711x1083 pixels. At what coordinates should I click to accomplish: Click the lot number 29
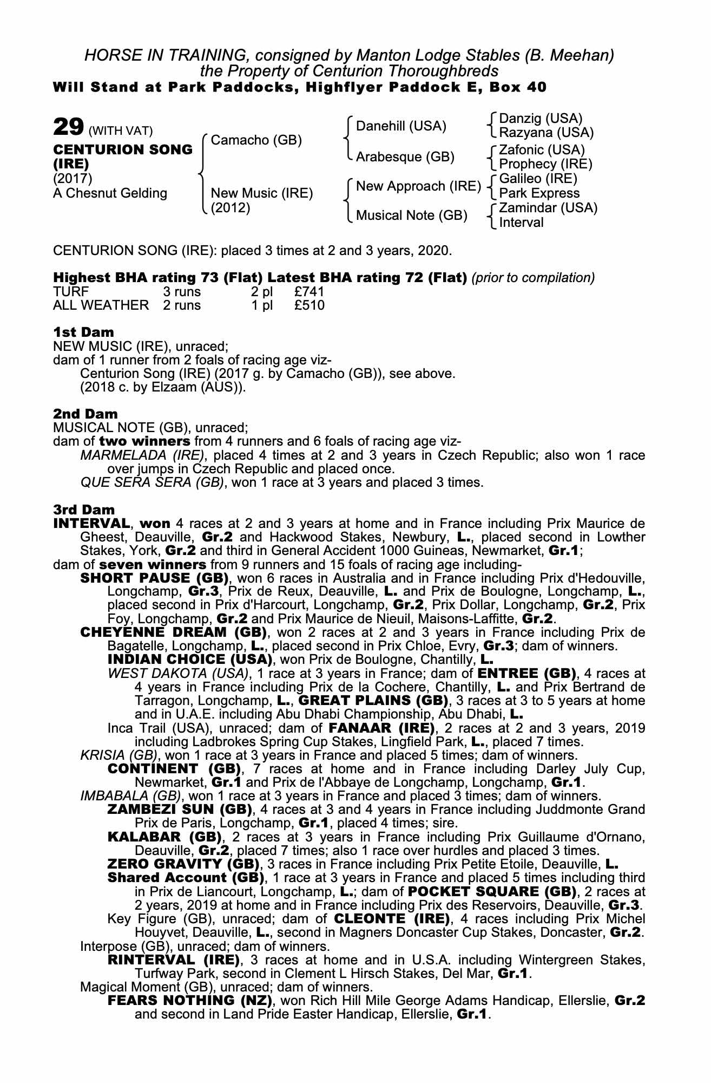pyautogui.click(x=68, y=127)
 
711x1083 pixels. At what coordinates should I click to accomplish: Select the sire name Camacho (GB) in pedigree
pyautogui.click(x=256, y=140)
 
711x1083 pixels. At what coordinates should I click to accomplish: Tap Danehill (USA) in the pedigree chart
pyautogui.click(x=401, y=126)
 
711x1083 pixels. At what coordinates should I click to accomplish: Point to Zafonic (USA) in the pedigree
pyautogui.click(x=542, y=149)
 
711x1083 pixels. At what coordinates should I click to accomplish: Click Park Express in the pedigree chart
pyautogui.click(x=539, y=193)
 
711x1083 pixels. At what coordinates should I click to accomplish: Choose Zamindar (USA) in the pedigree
pyautogui.click(x=548, y=208)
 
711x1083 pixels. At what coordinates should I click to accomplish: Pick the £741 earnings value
pyautogui.click(x=309, y=292)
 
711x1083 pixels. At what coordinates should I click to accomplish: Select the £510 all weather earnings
pyautogui.click(x=309, y=305)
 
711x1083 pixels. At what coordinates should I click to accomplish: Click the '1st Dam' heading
pyautogui.click(x=83, y=331)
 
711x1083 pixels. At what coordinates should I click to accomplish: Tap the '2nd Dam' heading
pyautogui.click(x=85, y=414)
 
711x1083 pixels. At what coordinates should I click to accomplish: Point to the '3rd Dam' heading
pyautogui.click(x=84, y=510)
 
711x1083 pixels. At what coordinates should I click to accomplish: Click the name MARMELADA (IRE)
pyautogui.click(x=142, y=455)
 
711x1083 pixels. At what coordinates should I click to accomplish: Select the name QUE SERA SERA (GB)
pyautogui.click(x=152, y=482)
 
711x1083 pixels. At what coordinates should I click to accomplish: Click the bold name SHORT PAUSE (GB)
pyautogui.click(x=154, y=578)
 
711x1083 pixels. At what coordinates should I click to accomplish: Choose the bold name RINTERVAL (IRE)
pyautogui.click(x=174, y=960)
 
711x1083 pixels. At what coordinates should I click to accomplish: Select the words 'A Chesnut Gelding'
pyautogui.click(x=110, y=193)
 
